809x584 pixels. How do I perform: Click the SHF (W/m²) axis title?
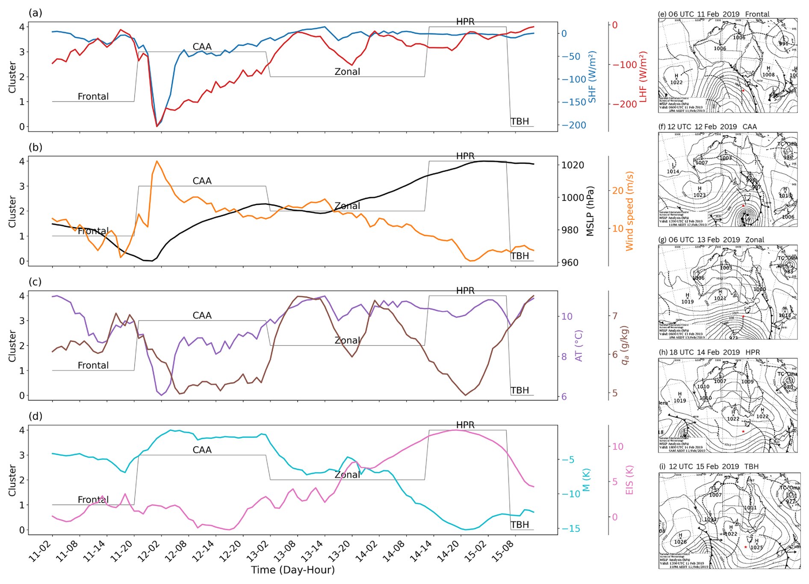pyautogui.click(x=592, y=77)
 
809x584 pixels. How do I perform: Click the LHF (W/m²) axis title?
pyautogui.click(x=643, y=77)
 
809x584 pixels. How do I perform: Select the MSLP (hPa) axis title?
pyautogui.click(x=591, y=211)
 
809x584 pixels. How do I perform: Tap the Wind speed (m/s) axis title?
pyautogui.click(x=629, y=211)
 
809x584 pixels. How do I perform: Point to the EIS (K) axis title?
pyautogui.click(x=629, y=480)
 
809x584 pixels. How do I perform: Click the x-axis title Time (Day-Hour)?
pyautogui.click(x=292, y=570)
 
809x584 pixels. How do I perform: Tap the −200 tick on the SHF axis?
pyautogui.click(x=574, y=125)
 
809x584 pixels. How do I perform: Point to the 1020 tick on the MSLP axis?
pyautogui.click(x=573, y=165)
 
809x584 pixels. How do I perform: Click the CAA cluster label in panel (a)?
pyautogui.click(x=202, y=47)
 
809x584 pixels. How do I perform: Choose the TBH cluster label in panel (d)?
pyautogui.click(x=520, y=525)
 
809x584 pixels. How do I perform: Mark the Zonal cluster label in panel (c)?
pyautogui.click(x=347, y=340)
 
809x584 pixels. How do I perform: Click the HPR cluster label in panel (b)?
pyautogui.click(x=465, y=156)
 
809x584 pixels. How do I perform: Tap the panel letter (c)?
pyautogui.click(x=35, y=282)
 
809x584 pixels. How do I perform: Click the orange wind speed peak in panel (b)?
pyautogui.click(x=156, y=162)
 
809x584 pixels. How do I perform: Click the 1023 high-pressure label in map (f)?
pyautogui.click(x=700, y=195)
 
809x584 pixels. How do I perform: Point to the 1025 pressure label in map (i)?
pyautogui.click(x=756, y=547)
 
